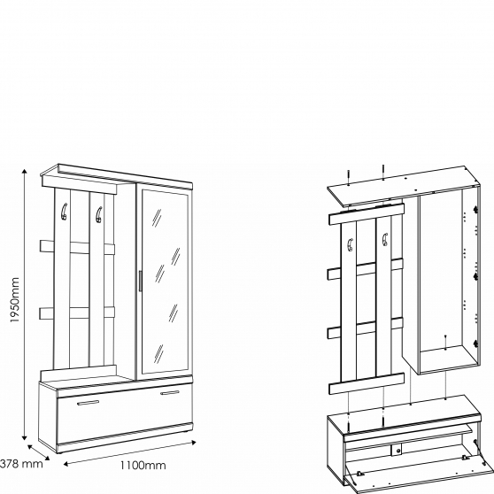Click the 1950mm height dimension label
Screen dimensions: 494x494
pos(15,299)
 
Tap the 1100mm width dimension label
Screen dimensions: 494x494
pos(143,465)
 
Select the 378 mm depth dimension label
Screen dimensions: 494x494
pos(21,463)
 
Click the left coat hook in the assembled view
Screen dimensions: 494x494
pos(64,211)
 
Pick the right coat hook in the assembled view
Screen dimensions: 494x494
pos(98,213)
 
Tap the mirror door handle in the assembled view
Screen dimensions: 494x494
pos(140,281)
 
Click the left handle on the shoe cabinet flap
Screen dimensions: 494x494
pos(88,402)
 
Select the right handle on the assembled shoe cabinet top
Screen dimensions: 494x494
pos(169,392)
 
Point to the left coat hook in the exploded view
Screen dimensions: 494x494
pos(350,245)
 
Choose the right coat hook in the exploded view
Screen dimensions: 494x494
pos(384,239)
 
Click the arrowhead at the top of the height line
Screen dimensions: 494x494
pos(24,172)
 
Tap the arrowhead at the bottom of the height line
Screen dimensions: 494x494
pos(24,437)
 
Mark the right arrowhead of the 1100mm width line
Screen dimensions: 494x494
pos(194,443)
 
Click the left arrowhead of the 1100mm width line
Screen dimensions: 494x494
pos(66,464)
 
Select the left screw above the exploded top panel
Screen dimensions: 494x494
pos(349,177)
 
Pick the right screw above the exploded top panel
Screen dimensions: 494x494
pos(382,173)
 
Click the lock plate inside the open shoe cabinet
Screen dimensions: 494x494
pos(398,451)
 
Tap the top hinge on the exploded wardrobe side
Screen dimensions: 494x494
pos(476,209)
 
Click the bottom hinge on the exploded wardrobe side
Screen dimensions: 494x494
pos(476,343)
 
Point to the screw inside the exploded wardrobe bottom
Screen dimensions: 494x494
pos(445,342)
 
